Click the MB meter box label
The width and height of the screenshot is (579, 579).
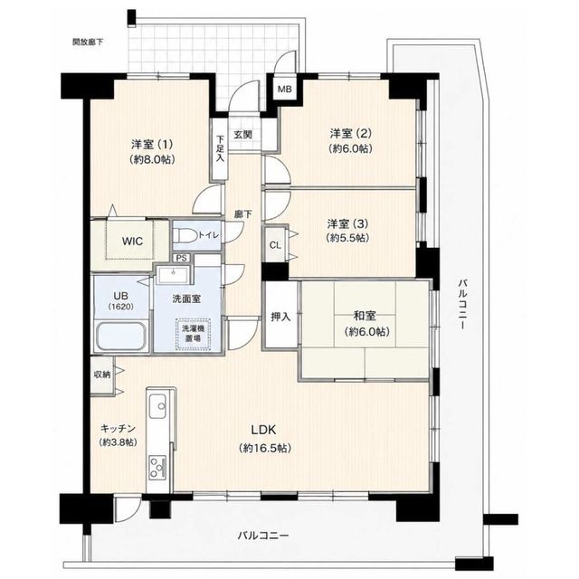284,89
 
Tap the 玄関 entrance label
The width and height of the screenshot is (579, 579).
242,135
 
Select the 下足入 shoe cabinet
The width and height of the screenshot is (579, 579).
220,148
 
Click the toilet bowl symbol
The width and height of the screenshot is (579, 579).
185,235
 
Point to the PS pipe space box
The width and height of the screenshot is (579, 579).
181,258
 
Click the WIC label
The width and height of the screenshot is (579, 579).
132,242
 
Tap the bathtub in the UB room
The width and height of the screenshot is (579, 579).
121,336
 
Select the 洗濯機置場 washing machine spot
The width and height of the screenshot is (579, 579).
193,333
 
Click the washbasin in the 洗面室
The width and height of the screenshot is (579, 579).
173,275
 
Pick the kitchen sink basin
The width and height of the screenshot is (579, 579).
157,406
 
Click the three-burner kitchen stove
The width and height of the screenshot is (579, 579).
157,468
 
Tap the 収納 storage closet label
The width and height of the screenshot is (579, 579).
102,375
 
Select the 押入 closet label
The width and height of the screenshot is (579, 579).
280,317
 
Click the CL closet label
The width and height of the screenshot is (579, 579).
275,245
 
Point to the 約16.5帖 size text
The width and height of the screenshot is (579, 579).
265,449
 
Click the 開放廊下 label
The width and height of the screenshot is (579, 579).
88,42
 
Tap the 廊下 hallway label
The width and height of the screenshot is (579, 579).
243,214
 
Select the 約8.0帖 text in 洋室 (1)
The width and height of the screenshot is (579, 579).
152,159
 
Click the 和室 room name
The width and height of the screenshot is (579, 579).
365,316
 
